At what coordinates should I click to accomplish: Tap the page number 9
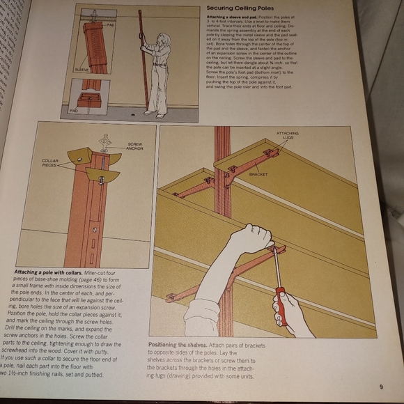point(381,388)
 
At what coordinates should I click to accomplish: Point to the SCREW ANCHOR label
point(134,148)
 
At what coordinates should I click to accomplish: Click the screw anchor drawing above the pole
point(105,142)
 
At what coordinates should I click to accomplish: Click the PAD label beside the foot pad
point(74,109)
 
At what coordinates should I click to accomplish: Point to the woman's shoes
point(154,113)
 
